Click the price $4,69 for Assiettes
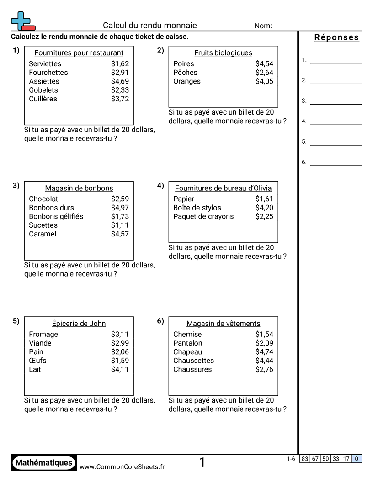(120, 81)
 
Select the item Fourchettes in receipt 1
(48, 73)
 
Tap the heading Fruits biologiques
(223, 53)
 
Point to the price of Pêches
(264, 73)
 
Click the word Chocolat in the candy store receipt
(43, 199)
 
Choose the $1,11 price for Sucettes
(120, 225)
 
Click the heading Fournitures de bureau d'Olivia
(223, 188)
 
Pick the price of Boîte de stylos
(264, 208)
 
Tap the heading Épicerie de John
(79, 324)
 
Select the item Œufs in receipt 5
(37, 361)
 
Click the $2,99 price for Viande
(120, 343)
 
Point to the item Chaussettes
(193, 361)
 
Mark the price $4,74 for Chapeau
(264, 352)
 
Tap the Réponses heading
(336, 37)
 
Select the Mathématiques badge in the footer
(44, 463)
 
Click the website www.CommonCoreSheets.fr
(122, 466)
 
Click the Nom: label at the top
(263, 26)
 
